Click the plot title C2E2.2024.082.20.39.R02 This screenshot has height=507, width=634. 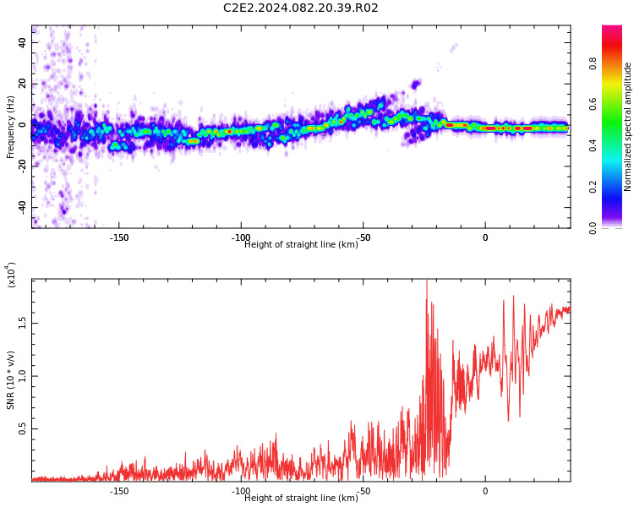point(300,8)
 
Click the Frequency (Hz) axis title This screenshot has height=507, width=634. point(10,127)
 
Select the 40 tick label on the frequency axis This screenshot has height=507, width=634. point(23,42)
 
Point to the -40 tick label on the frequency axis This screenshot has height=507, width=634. point(23,208)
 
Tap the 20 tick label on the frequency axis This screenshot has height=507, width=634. point(23,84)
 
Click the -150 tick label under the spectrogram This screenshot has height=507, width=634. point(119,237)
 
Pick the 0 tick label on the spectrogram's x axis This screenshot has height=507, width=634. point(485,237)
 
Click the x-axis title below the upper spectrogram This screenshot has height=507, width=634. point(301,244)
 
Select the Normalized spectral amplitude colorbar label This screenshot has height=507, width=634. point(627,127)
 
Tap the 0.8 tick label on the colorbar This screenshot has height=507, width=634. point(593,63)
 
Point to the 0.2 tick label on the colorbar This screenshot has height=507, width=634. point(593,187)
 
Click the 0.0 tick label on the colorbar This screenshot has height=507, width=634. point(593,228)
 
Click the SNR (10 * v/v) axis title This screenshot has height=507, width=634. point(10,380)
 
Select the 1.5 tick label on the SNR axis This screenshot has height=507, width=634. point(23,324)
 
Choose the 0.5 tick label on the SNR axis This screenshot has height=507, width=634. point(23,428)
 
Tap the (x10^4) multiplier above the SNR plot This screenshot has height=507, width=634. point(11,275)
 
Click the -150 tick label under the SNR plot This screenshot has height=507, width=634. point(119,491)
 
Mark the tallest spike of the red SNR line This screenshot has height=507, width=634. point(427,281)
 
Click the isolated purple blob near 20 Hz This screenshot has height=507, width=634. point(416,84)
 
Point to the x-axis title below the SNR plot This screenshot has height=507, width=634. point(301,498)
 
